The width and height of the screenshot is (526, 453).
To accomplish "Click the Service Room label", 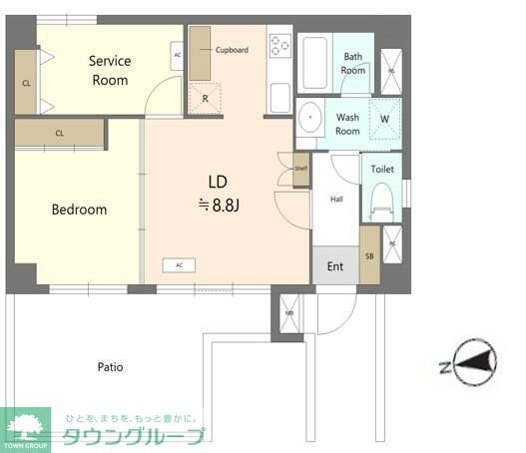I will click(x=110, y=70).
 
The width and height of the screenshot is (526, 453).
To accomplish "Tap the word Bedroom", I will click(x=79, y=210).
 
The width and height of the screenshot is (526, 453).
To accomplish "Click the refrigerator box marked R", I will click(x=206, y=98).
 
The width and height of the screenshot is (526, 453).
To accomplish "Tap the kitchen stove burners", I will click(x=279, y=47).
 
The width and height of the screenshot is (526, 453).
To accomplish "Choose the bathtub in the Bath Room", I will click(x=318, y=65).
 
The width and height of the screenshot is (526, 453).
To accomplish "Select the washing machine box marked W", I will click(x=384, y=117).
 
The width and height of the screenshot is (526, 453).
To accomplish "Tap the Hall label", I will click(x=336, y=200).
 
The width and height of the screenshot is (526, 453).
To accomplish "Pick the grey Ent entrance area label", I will click(x=335, y=265).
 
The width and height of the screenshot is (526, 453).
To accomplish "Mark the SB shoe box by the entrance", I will click(x=368, y=254).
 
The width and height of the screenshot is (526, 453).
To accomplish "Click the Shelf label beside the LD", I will click(x=301, y=169).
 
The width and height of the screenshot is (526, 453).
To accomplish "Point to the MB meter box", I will click(x=289, y=311).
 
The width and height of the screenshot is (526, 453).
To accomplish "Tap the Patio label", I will click(x=110, y=366).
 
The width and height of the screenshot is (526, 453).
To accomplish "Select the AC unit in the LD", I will click(x=179, y=264).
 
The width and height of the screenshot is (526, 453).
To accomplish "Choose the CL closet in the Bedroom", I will click(x=60, y=133).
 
